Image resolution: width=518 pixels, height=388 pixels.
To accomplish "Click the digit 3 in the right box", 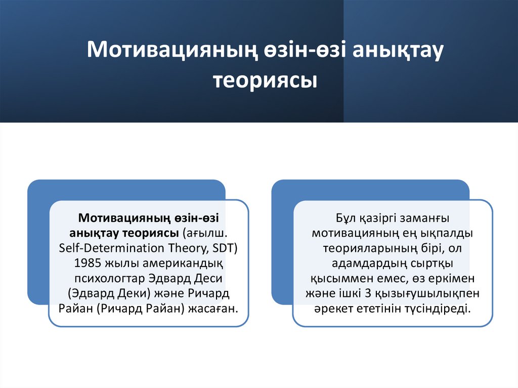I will coord(378,293).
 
